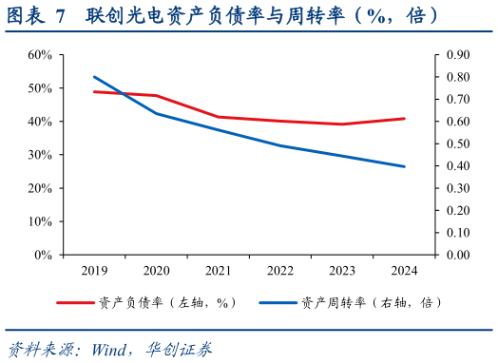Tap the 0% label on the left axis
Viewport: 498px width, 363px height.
(43, 255)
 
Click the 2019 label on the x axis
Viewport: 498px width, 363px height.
(95, 271)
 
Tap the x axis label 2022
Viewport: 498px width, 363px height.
(279, 271)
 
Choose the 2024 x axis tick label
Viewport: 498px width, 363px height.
(403, 271)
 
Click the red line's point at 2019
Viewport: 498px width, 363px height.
(95, 92)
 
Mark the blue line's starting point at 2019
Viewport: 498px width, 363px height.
(95, 77)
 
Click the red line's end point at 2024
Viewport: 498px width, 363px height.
(404, 119)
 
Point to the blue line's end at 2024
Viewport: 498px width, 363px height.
(404, 166)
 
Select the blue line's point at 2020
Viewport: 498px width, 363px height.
(157, 113)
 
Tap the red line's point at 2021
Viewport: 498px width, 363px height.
(219, 117)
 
